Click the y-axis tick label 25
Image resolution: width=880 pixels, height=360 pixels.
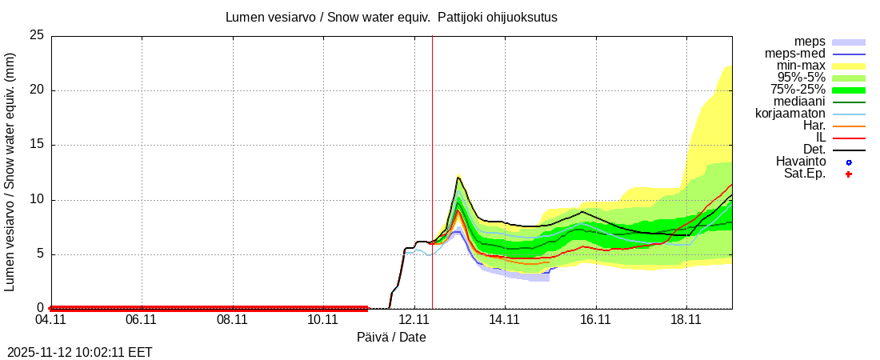coord(36,36)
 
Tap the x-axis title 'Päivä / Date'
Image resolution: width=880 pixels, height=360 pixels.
coord(391,338)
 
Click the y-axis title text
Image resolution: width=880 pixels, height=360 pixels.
coord(10,172)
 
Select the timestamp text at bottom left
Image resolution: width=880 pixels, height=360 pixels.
coord(80,352)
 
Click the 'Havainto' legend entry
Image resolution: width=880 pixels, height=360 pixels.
coord(800,162)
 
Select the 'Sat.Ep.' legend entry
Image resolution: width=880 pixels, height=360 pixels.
coord(804,174)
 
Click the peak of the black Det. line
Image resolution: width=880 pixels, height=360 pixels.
coord(458,177)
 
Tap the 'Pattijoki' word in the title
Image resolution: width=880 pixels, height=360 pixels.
coord(461,17)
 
